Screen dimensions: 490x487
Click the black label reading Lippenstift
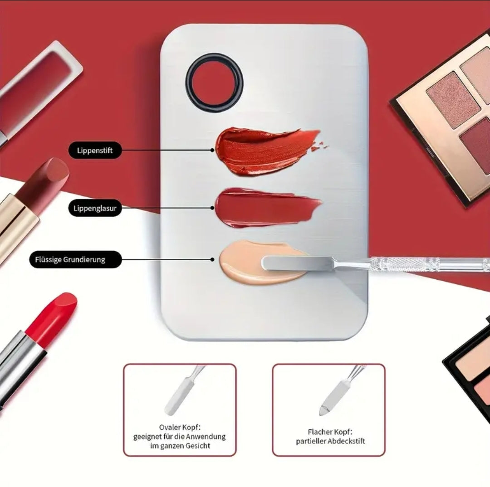pos(95,150)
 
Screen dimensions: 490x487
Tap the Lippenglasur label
pos(95,208)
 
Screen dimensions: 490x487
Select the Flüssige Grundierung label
pos(75,259)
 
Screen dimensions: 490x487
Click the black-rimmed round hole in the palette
pos(214,83)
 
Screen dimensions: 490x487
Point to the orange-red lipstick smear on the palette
pos(265,151)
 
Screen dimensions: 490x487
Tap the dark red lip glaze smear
pos(267,207)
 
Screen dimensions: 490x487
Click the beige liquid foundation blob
pos(263,263)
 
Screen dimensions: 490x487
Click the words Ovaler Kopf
pos(179,427)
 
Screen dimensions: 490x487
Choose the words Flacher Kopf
pos(330,432)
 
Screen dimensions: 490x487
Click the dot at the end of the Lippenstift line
pos(212,150)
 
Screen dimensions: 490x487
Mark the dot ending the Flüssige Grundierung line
pos(212,259)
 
